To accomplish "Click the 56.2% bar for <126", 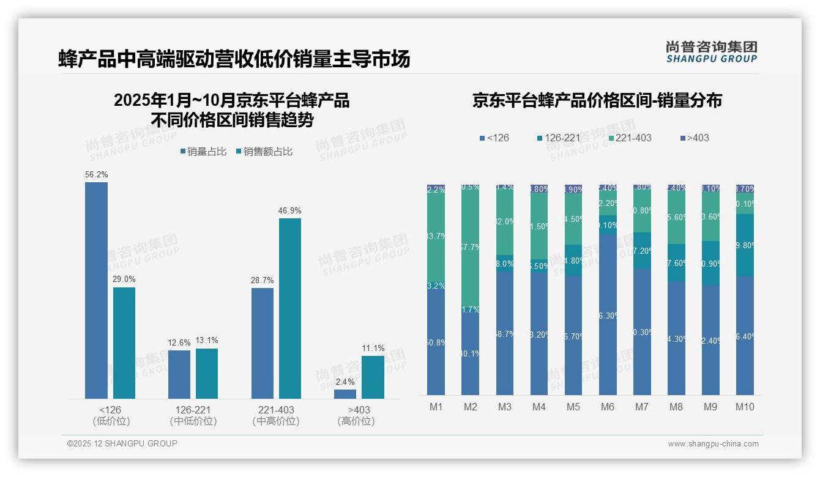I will coord(96,290).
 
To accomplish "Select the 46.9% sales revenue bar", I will coord(290,309).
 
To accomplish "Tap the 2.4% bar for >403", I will coord(345,394).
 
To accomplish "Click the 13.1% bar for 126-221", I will coord(207,374).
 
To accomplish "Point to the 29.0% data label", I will coord(124,279).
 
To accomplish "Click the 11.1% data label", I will coord(373,348).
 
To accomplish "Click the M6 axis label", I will coord(608,407).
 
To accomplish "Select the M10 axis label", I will coord(745,407).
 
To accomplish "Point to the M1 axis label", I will coord(436,407).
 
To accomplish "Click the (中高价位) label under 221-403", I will coord(276,421).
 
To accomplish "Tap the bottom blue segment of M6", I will coord(608,315).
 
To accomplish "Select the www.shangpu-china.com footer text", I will coord(713,444).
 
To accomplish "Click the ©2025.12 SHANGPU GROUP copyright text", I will coord(122,443).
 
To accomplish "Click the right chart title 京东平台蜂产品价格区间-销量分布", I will coord(597,101).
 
